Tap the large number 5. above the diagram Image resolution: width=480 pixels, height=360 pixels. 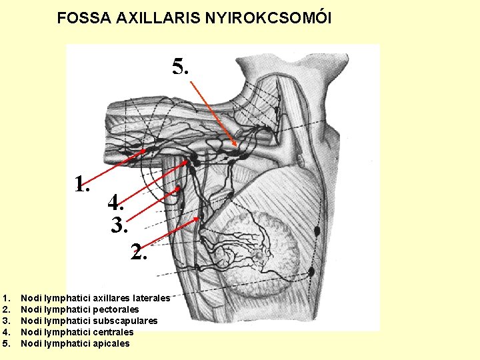[181, 66]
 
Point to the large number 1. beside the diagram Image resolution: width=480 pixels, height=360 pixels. [82, 183]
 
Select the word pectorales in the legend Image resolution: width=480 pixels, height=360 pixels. [117, 309]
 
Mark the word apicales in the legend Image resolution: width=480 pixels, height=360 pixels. [113, 343]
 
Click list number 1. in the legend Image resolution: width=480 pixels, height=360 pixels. [7, 298]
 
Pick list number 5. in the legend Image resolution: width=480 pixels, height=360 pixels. [7, 343]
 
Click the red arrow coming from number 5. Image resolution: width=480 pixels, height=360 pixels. [213, 113]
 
